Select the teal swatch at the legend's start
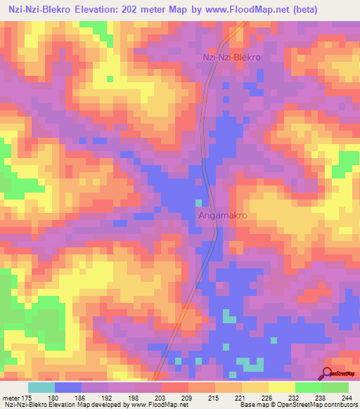click(41, 387)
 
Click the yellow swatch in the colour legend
click(281, 387)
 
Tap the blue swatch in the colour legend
click(68, 387)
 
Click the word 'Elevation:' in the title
click(98, 10)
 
